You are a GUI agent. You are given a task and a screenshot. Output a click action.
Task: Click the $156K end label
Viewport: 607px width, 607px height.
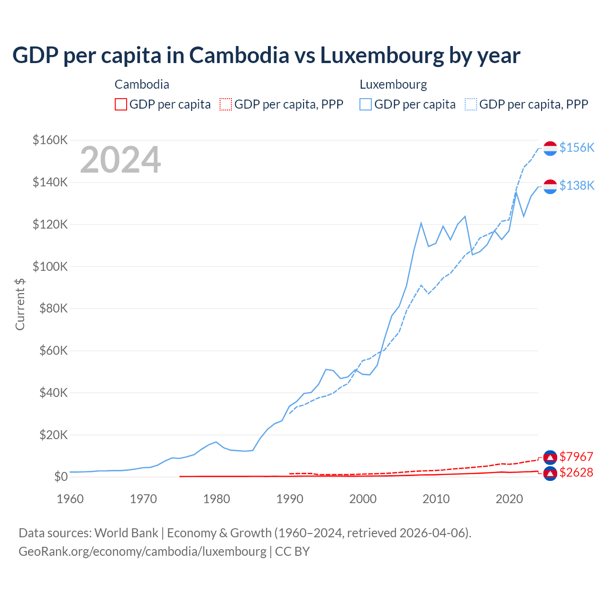pos(577,147)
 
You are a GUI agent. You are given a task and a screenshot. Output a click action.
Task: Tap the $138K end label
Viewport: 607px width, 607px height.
pos(577,185)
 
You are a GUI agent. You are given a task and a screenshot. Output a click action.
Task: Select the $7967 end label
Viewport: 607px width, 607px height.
pos(576,457)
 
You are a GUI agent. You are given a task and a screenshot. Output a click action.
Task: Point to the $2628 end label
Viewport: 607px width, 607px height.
pos(576,472)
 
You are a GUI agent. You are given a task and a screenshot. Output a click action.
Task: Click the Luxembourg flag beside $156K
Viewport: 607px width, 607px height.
pos(550,148)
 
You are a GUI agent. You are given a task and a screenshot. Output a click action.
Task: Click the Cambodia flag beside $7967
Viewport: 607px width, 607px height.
pos(550,457)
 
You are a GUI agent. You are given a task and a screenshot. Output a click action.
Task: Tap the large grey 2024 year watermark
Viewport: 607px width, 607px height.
pos(120,160)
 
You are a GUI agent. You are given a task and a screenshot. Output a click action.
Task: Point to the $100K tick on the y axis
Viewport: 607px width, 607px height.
pos(50,267)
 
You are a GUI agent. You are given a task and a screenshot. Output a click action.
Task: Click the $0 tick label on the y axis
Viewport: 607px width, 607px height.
pos(61,477)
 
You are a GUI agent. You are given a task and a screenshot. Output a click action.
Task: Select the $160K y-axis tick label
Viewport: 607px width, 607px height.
pos(50,140)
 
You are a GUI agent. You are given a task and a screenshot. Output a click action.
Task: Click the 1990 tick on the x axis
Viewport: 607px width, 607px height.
pos(290,499)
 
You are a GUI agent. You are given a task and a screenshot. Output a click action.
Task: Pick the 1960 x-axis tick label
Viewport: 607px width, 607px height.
pos(70,499)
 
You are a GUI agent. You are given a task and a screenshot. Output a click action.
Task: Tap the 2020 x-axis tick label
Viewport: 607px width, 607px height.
pos(509,499)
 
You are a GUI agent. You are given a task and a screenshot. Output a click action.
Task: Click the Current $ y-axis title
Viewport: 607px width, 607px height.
pos(20,304)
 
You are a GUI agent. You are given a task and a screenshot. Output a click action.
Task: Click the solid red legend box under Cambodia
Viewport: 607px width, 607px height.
pos(121,104)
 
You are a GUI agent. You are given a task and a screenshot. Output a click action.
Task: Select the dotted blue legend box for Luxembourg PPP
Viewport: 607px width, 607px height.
pos(471,104)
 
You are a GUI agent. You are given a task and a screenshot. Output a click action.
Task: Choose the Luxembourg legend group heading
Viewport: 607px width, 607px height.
pos(393,84)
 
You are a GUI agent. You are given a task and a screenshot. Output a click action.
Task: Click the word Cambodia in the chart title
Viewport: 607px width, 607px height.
pos(239,55)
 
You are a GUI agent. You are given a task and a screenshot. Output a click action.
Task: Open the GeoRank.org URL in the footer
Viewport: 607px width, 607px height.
pos(142,552)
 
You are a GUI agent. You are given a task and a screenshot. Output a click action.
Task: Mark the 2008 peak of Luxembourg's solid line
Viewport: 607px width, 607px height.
pos(421,223)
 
